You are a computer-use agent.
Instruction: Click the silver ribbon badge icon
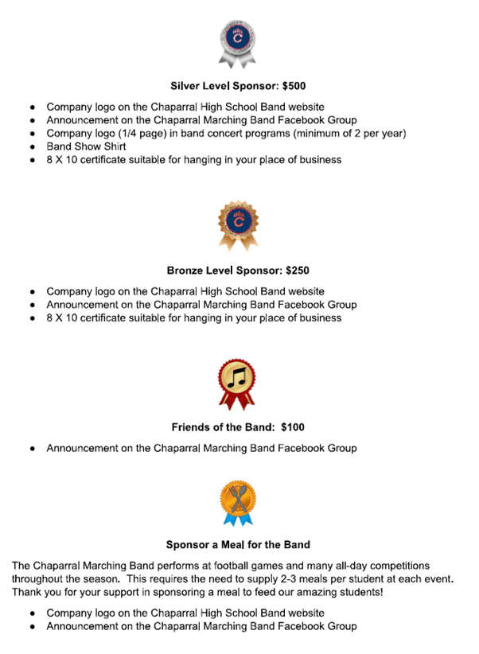point(238,42)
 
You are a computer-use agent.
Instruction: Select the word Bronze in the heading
point(186,270)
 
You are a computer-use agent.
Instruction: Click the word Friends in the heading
point(193,427)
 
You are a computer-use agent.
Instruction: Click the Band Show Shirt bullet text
point(86,146)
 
